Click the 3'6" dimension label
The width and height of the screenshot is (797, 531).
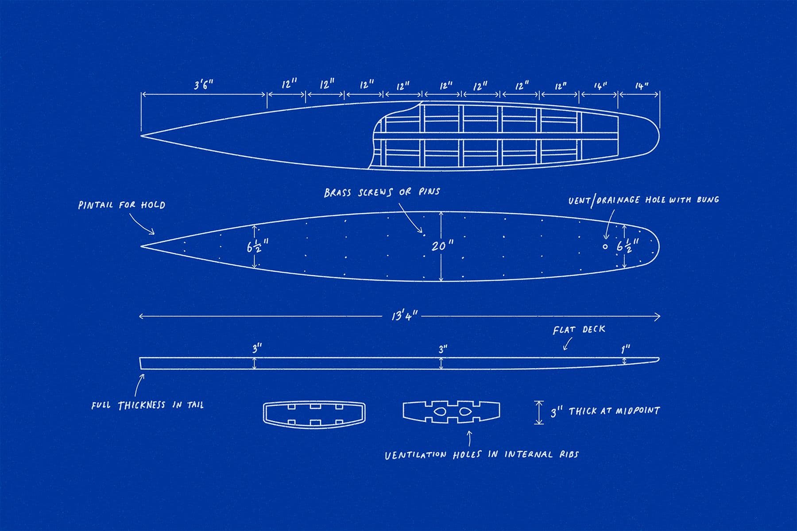(203, 85)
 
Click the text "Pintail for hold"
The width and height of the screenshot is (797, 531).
(121, 205)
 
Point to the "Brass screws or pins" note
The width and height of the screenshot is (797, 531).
(382, 192)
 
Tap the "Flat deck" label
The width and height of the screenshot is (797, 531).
(579, 330)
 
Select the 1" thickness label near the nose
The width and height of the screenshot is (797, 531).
(625, 349)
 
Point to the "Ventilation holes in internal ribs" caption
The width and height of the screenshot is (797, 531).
(482, 454)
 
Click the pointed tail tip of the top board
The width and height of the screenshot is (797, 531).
(142, 135)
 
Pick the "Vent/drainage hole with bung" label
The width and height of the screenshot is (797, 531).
(643, 200)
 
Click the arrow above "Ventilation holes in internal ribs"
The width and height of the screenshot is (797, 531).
(469, 438)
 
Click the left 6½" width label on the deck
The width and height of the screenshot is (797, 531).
(256, 246)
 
